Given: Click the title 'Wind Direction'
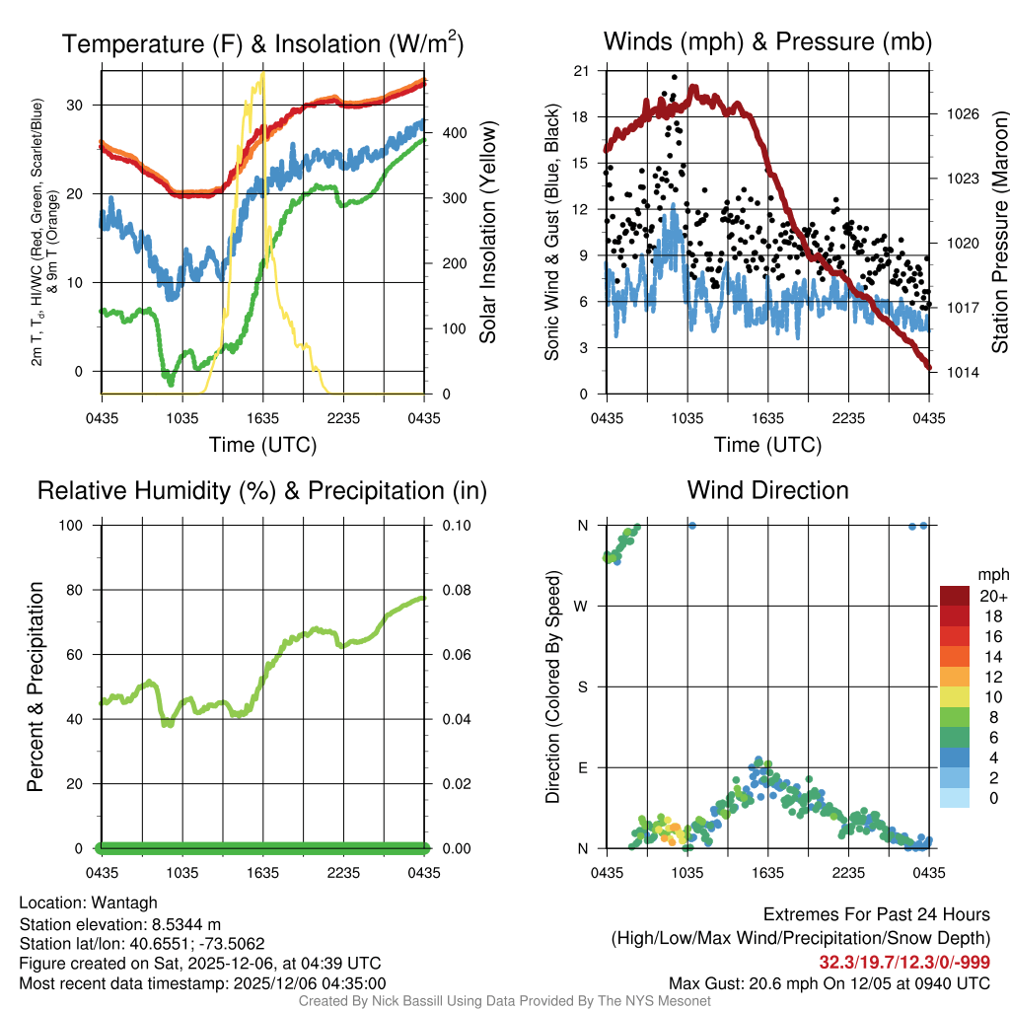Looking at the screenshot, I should point(767,490).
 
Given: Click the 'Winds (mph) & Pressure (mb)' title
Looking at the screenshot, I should point(767,42).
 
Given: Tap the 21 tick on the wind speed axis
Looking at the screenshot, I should point(582,70).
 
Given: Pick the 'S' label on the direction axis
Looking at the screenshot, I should point(582,686).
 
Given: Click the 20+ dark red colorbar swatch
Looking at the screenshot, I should point(955,596).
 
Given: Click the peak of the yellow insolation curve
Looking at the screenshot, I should point(262,74).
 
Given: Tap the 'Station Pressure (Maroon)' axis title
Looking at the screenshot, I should point(998,232).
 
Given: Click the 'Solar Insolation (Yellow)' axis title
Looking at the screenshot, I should point(487,232).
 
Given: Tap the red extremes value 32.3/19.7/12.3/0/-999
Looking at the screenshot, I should point(904,962).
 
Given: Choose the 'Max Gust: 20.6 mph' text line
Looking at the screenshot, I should point(829,982).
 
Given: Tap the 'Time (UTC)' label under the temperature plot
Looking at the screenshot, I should point(262,445).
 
